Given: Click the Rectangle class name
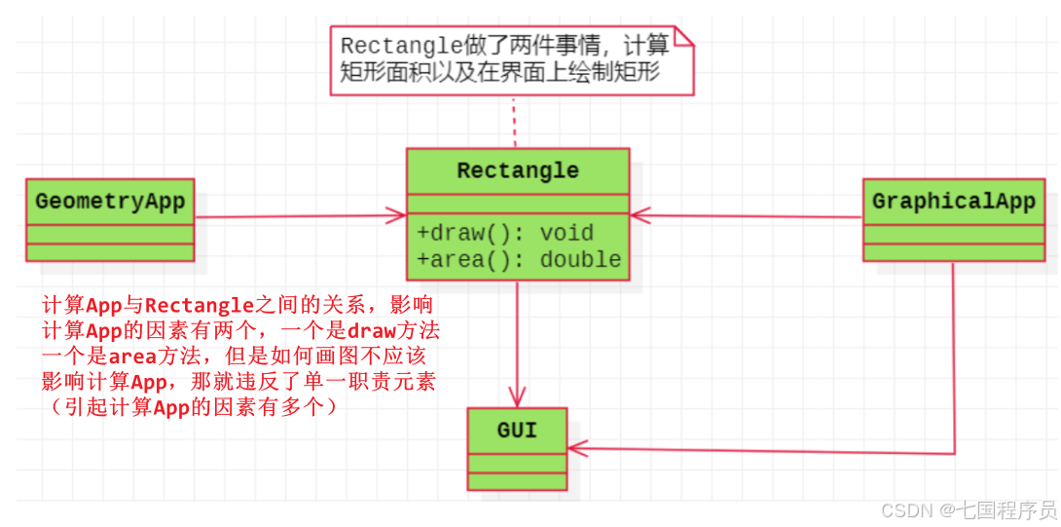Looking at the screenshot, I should (x=518, y=170).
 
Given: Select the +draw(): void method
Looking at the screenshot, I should (x=492, y=233).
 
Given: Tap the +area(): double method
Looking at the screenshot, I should (x=519, y=259).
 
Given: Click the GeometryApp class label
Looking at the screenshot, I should (x=110, y=202).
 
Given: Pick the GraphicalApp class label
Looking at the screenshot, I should (x=953, y=202).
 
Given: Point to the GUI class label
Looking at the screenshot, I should (x=517, y=430).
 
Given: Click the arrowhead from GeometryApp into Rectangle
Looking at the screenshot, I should (x=396, y=214).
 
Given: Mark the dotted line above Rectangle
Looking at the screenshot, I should (x=513, y=122).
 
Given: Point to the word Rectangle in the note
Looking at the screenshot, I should (x=386, y=47).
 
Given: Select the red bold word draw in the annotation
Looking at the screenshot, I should (x=372, y=330).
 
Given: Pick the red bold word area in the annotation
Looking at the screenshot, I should (x=132, y=357).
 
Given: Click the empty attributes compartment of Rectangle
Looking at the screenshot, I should (x=518, y=203).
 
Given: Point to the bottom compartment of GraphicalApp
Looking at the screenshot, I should (x=953, y=252).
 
